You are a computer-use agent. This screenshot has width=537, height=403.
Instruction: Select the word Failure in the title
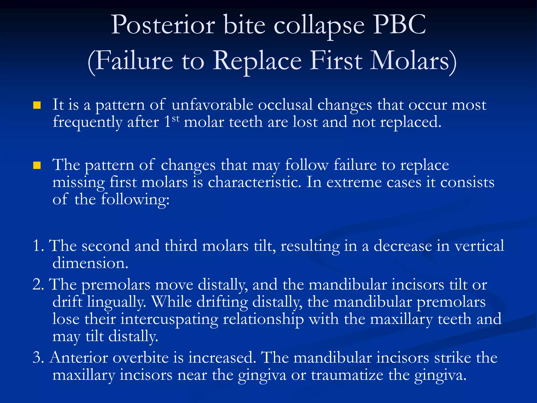pos(134,61)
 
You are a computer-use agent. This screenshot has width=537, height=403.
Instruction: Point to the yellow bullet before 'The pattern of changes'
pos(37,166)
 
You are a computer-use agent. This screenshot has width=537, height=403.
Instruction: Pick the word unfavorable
pos(212,105)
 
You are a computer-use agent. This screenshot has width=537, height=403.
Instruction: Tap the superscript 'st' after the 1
pos(176,119)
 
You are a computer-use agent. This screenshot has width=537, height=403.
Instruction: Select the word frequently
pos(88,123)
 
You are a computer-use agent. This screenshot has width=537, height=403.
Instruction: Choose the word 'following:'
pos(135,200)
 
